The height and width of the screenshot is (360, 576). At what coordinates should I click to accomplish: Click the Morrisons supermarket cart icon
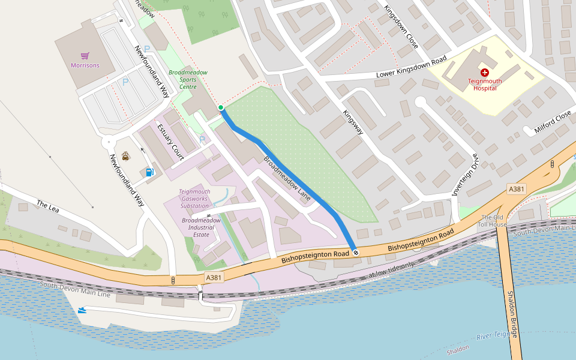(x=85, y=55)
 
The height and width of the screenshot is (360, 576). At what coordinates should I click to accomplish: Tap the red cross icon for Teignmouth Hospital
(x=485, y=72)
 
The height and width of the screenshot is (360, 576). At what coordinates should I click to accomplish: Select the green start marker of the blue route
(x=221, y=108)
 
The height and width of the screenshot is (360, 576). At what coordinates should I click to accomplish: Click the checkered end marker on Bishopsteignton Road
(x=356, y=253)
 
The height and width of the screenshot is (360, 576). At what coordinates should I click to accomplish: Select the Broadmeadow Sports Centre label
(x=188, y=79)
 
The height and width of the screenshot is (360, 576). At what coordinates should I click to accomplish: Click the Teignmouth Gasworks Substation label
(x=194, y=199)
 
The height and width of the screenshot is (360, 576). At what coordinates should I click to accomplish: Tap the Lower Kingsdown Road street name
(x=411, y=68)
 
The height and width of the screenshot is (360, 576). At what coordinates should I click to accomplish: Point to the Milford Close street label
(x=552, y=122)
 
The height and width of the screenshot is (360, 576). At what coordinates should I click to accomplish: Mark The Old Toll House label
(x=493, y=220)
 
